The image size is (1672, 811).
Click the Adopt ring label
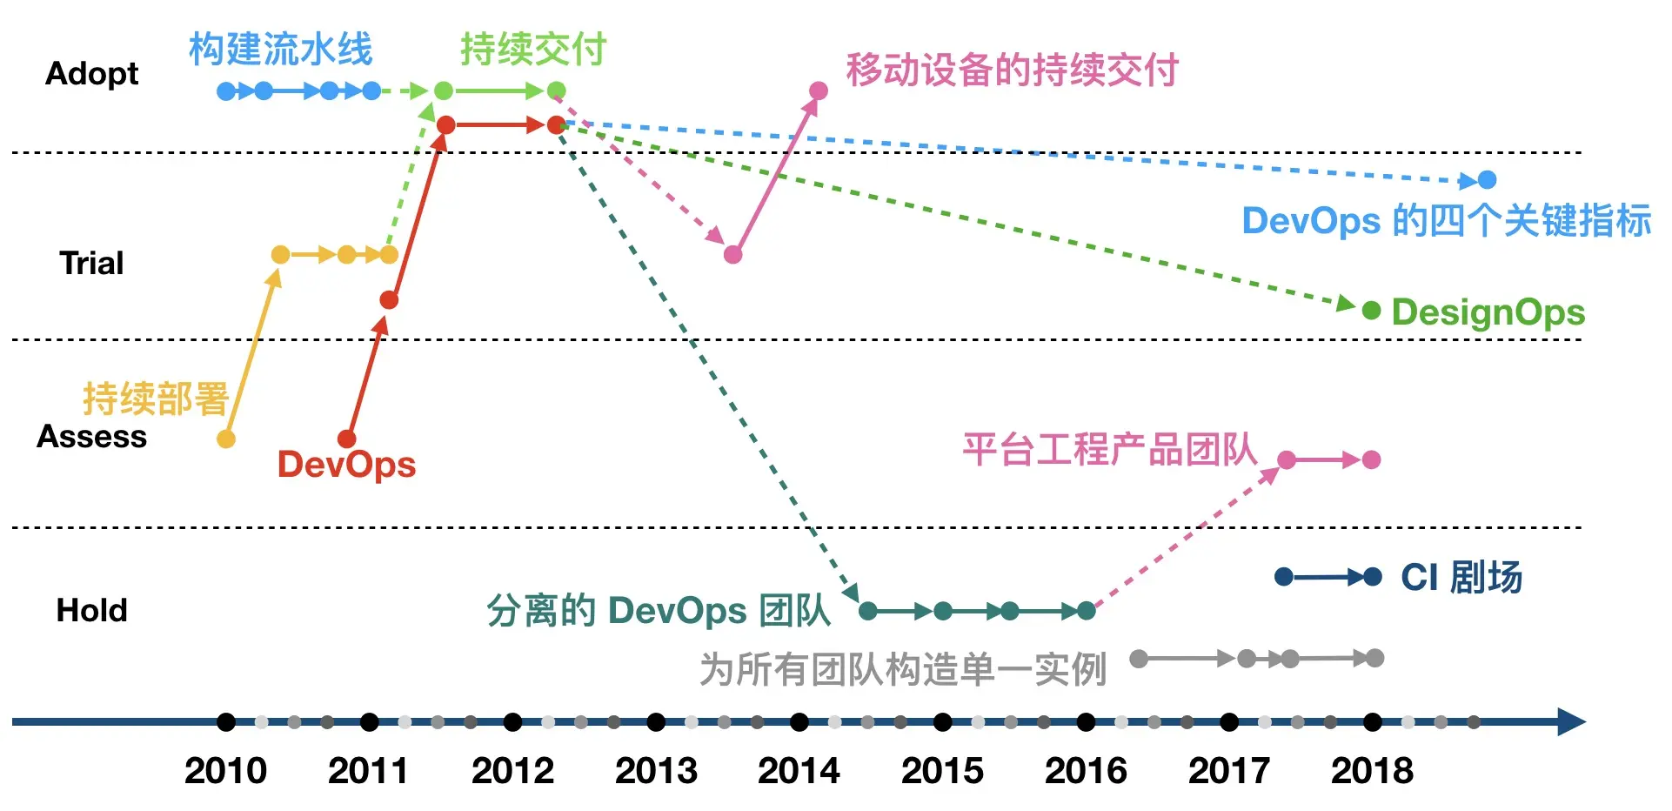pyautogui.click(x=91, y=74)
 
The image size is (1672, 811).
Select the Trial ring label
pyautogui.click(x=91, y=263)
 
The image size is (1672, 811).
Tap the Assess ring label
pyautogui.click(x=91, y=436)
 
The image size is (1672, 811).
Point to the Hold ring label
pyautogui.click(x=91, y=610)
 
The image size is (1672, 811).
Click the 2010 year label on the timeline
pyautogui.click(x=225, y=771)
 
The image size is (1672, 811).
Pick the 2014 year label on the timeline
pyautogui.click(x=799, y=771)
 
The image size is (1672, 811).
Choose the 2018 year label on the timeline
pyautogui.click(x=1372, y=771)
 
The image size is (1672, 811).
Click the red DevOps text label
pyautogui.click(x=346, y=465)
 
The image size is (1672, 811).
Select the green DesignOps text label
pyautogui.click(x=1488, y=312)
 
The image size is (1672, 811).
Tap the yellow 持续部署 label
pyautogui.click(x=156, y=399)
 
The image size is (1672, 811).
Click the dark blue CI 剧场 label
pyautogui.click(x=1461, y=578)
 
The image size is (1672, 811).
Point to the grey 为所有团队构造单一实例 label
pyautogui.click(x=903, y=670)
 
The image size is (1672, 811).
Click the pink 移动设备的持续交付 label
pyautogui.click(x=1012, y=70)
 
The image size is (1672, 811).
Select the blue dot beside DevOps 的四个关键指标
pyautogui.click(x=1488, y=180)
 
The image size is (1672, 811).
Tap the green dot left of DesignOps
pyautogui.click(x=1371, y=310)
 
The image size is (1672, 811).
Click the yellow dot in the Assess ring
pyautogui.click(x=226, y=439)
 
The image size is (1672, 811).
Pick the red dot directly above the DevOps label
pyautogui.click(x=347, y=439)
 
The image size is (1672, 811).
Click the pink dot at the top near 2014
pyautogui.click(x=819, y=90)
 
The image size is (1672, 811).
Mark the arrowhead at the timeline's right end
pyautogui.click(x=1571, y=721)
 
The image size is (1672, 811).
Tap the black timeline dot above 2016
pyautogui.click(x=1086, y=721)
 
